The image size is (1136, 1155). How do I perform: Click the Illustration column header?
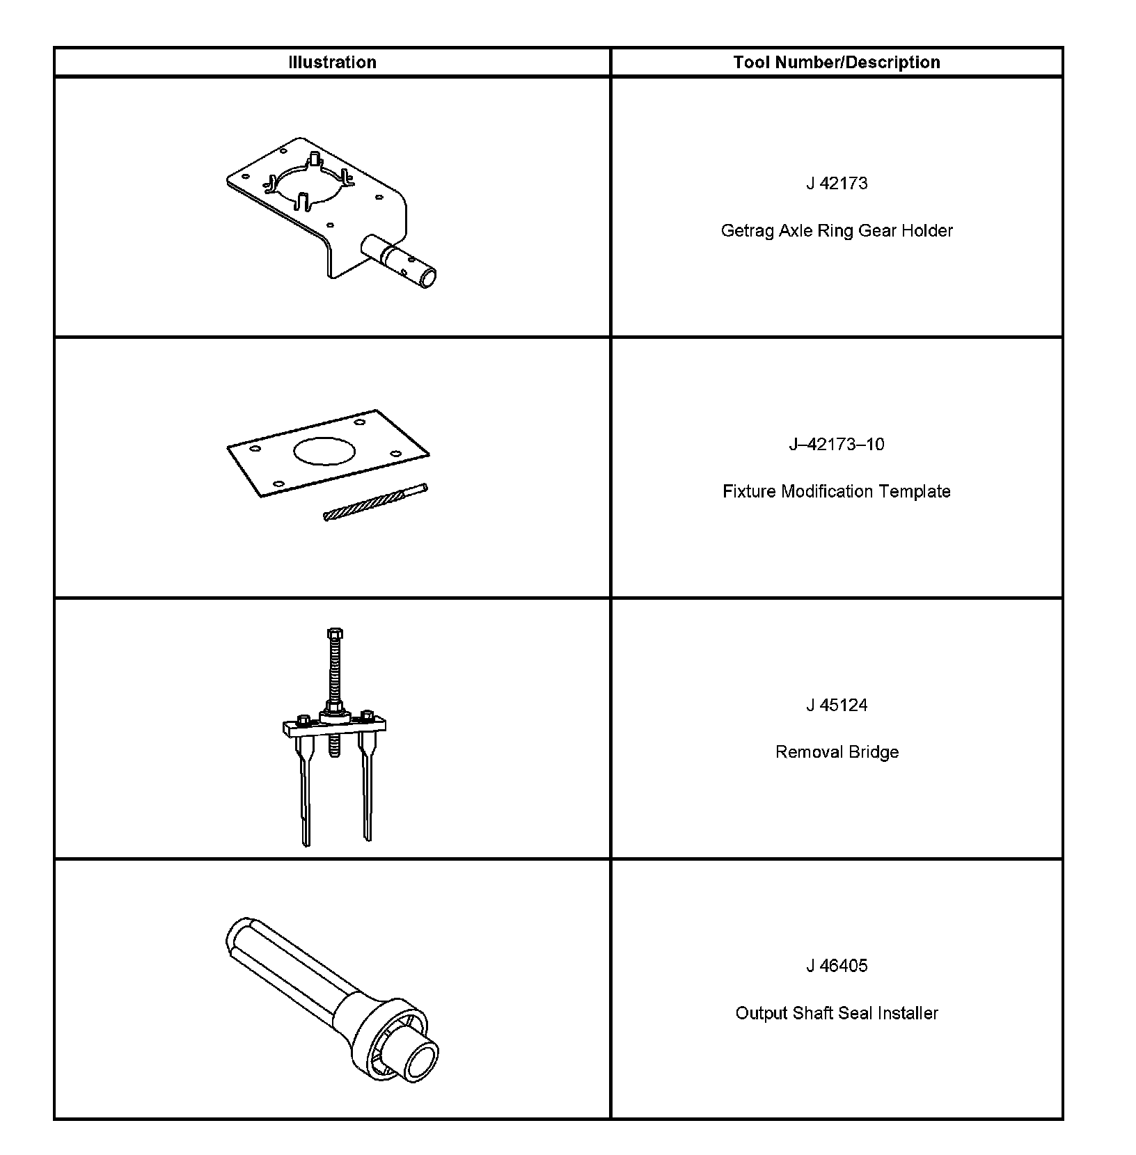click(332, 62)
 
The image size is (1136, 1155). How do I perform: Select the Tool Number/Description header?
click(836, 62)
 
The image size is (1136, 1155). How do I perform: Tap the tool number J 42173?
click(837, 183)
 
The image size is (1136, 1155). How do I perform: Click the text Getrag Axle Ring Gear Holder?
click(837, 230)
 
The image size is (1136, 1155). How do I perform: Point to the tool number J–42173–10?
click(837, 444)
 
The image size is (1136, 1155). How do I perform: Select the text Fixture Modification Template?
click(837, 491)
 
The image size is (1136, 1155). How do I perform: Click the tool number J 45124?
click(837, 705)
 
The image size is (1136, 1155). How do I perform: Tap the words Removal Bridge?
click(837, 752)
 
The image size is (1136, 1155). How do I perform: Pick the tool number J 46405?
click(837, 966)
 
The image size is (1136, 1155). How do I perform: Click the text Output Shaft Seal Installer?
click(837, 1013)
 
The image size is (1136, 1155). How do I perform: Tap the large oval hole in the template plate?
click(325, 451)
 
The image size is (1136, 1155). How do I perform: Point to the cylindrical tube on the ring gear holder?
click(400, 262)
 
